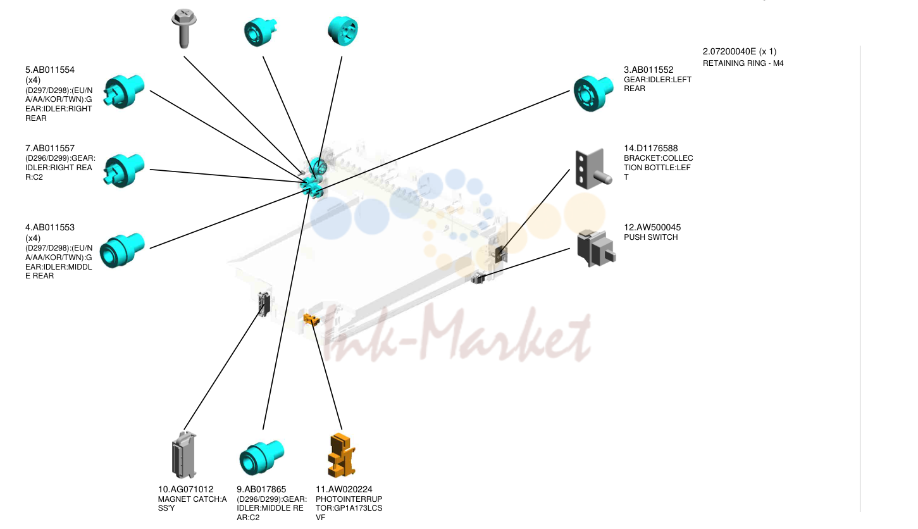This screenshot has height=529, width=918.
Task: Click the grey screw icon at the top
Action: [184, 28]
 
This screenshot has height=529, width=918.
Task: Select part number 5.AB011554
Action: [50, 70]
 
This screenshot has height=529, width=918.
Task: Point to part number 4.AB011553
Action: [50, 227]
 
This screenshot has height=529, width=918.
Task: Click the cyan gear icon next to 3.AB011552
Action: [593, 93]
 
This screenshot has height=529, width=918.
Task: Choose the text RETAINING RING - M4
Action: [743, 63]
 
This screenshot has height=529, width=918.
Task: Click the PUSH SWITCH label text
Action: [651, 237]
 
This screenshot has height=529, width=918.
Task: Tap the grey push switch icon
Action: [596, 248]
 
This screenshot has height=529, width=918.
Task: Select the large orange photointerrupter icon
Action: [342, 455]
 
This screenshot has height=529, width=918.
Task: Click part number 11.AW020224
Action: [344, 489]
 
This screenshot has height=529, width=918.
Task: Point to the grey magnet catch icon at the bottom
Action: [184, 455]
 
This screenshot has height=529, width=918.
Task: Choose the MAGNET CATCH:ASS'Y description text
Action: [192, 504]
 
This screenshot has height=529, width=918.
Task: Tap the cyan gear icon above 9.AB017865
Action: [261, 457]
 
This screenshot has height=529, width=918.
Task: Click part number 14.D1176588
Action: [651, 148]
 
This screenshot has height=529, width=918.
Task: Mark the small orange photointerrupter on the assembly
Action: [311, 319]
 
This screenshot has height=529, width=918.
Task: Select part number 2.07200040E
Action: [729, 52]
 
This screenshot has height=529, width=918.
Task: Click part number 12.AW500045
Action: [652, 227]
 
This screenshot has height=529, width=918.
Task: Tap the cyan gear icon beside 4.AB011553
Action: [122, 251]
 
